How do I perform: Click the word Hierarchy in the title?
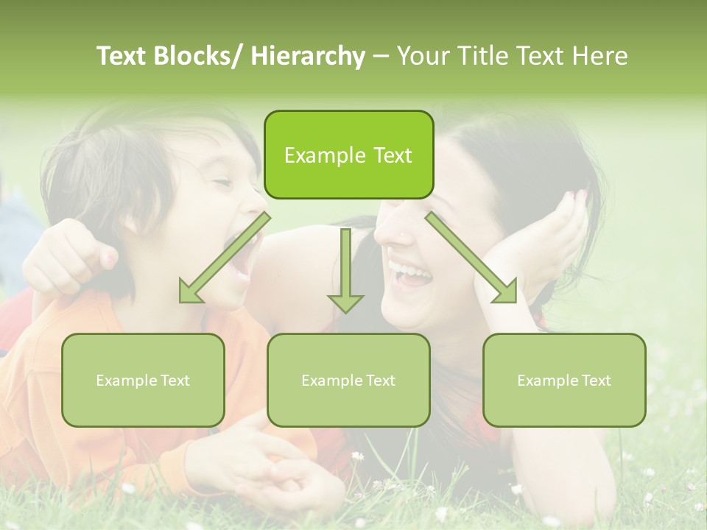tap(308, 57)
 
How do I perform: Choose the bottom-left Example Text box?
tap(143, 381)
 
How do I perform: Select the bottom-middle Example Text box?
tap(348, 381)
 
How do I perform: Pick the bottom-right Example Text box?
tap(564, 381)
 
